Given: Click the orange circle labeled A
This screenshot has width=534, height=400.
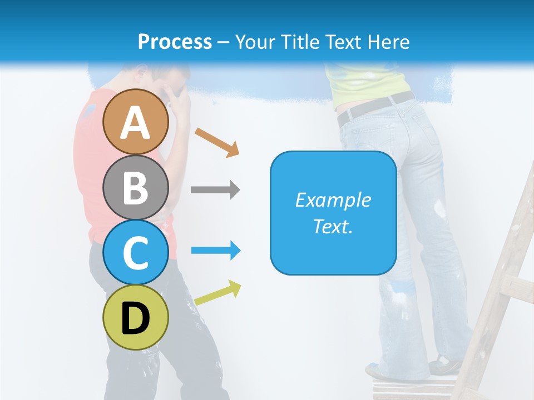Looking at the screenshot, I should click(136, 122).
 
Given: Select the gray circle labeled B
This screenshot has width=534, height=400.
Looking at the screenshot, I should click(136, 187).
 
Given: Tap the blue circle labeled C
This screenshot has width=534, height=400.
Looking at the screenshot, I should click(136, 252).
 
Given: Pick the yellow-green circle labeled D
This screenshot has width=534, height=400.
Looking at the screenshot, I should click(136, 317).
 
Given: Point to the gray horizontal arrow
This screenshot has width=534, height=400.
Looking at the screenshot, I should click(215, 189).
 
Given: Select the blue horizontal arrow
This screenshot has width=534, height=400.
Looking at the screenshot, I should click(216, 251).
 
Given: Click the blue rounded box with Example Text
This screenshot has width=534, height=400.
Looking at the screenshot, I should click(333, 213).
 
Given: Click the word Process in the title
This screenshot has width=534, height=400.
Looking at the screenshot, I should click(175, 42).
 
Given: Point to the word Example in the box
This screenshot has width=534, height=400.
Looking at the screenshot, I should click(333, 200).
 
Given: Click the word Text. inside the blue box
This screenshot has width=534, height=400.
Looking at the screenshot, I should click(333, 226).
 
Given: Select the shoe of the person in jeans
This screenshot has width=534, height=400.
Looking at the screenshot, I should click(445, 367).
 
